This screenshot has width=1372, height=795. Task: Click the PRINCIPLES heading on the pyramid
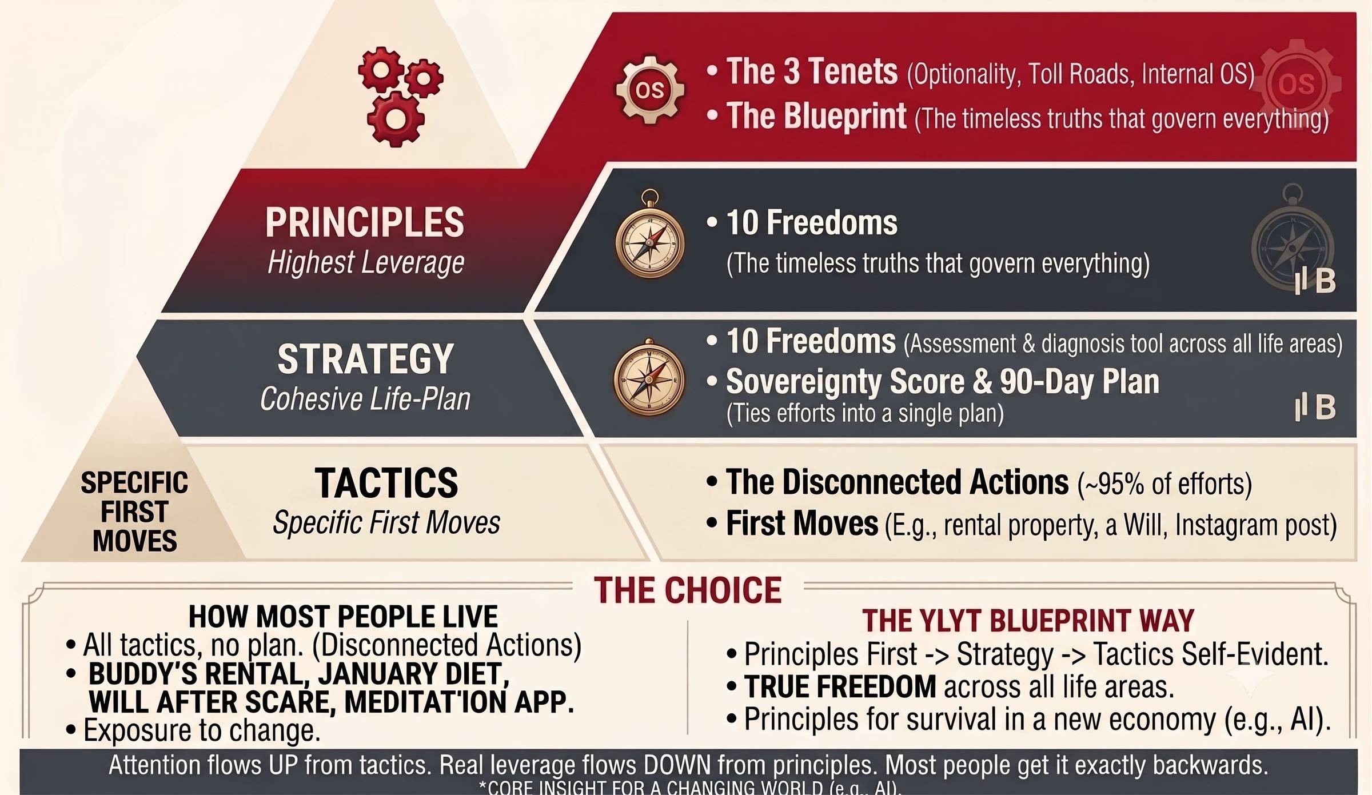coord(365,222)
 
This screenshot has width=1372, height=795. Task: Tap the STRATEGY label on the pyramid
coord(365,359)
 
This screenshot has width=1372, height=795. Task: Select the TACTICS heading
coord(386,483)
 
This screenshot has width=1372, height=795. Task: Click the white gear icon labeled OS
coord(650,90)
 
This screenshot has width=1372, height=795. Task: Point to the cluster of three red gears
coord(399,96)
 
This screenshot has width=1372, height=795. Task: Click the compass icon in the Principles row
coord(650,234)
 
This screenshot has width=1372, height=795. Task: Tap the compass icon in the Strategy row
coord(649,378)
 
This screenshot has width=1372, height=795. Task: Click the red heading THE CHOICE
coord(688,590)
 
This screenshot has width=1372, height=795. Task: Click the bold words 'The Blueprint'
coord(816,116)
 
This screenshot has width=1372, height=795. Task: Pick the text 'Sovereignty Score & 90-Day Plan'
coord(943,381)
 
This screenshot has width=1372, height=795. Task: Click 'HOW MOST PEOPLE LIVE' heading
coord(343,617)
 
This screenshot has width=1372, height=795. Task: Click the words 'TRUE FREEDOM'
coord(840,686)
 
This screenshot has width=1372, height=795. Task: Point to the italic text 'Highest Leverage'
coord(366,263)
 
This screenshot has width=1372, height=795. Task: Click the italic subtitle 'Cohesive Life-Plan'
coord(365,399)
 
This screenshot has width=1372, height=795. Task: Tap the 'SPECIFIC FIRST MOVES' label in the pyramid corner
coord(134,512)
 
